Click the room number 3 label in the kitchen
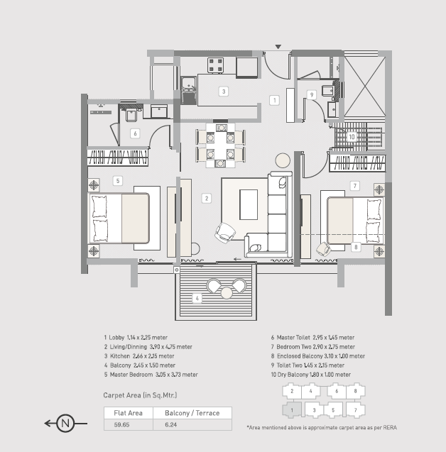point(224,92)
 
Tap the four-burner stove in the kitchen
point(215,65)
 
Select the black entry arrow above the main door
point(278,47)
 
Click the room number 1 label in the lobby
point(274,100)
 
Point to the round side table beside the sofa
point(283,160)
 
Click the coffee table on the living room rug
point(249,204)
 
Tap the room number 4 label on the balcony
point(197,298)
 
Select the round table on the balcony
point(227,292)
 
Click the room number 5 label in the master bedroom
point(118,181)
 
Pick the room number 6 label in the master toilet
point(135,133)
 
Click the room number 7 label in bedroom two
point(355,186)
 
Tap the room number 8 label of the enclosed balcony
point(356,247)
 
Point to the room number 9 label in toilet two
point(312,95)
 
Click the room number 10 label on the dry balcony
point(352,137)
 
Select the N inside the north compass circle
point(65,424)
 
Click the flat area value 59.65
point(121,424)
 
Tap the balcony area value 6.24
point(170,424)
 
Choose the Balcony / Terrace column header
point(192,413)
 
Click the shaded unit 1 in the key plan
point(292,410)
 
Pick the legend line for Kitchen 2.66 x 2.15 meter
point(139,356)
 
